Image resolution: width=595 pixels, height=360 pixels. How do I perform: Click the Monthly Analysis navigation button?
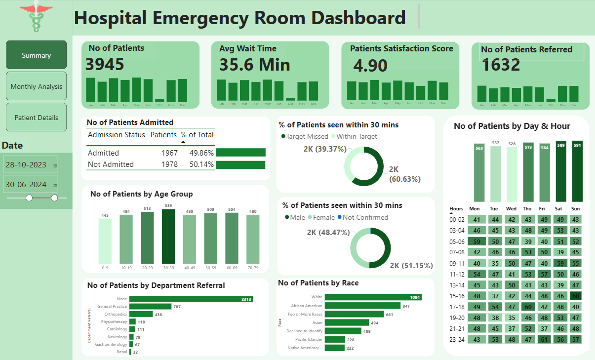[37, 86]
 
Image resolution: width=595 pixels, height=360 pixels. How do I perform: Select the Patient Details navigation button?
[37, 118]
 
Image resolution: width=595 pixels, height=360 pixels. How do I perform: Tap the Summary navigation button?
[37, 55]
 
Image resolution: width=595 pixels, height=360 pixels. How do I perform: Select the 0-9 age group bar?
[105, 241]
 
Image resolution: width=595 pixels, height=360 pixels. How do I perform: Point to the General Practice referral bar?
[150, 307]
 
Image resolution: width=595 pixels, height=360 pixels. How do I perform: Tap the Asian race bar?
[347, 322]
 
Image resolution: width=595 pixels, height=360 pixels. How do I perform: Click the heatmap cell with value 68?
[576, 296]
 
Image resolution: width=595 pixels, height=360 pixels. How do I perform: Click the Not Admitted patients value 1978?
[169, 164]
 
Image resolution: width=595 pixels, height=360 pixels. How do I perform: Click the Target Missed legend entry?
[305, 136]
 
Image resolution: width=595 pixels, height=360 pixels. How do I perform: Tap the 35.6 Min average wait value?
[255, 65]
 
